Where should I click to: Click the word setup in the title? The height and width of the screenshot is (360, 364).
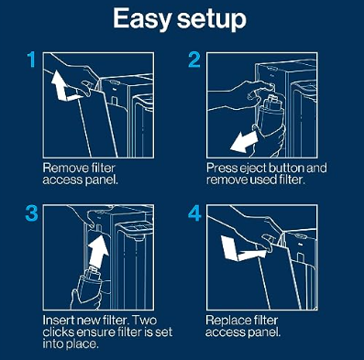coord(212,19)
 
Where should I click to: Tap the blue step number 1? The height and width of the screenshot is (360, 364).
coord(31,60)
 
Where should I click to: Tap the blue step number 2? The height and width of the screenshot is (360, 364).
coord(194,60)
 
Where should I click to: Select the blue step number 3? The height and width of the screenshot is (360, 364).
coord(31,213)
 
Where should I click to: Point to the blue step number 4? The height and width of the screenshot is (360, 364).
coord(194,213)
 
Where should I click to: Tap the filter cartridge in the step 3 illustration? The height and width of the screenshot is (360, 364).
coord(89,282)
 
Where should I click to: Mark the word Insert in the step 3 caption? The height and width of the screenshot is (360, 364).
coord(58,321)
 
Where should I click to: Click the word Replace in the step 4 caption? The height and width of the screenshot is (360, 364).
coord(226,321)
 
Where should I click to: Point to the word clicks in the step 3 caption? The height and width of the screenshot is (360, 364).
coord(57,333)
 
